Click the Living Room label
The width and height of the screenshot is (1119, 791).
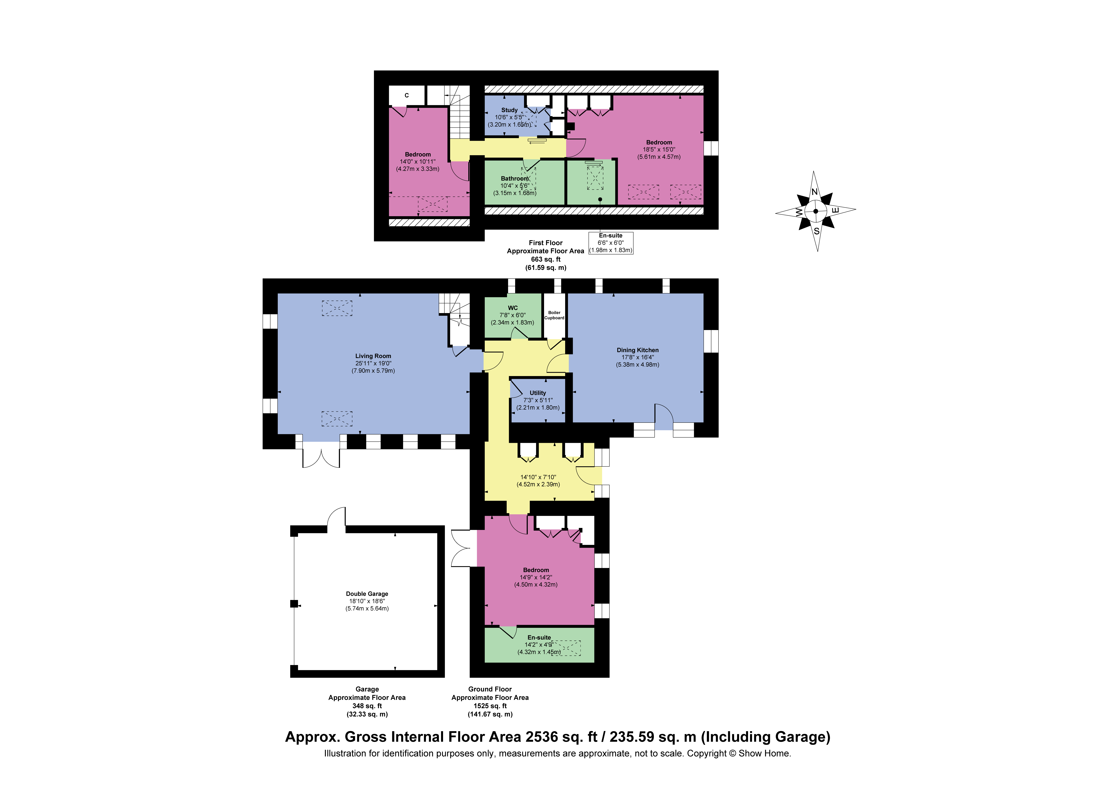tap(373, 356)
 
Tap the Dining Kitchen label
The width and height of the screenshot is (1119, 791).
tap(637, 350)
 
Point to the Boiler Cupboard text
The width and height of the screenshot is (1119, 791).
tap(554, 315)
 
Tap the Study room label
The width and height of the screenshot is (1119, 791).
tap(509, 110)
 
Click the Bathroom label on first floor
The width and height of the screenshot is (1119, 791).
tap(515, 178)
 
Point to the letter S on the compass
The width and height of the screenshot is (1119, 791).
tap(817, 231)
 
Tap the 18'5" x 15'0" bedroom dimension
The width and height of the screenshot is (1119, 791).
tap(659, 150)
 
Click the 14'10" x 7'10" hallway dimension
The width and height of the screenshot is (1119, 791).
tap(538, 477)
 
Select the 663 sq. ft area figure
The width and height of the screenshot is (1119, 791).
tap(545, 259)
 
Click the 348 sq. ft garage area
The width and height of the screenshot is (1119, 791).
tap(367, 706)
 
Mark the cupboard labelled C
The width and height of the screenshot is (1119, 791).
tap(407, 96)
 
